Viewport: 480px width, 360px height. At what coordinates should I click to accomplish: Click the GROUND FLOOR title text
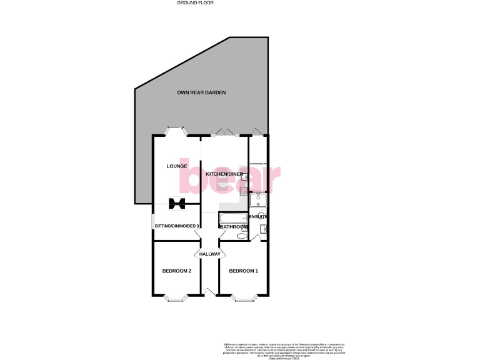[196, 2]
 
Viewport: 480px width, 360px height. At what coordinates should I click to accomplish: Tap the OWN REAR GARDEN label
[201, 92]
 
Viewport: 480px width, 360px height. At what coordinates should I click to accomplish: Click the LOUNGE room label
[177, 166]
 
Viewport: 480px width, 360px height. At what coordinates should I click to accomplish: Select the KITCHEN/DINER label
[224, 174]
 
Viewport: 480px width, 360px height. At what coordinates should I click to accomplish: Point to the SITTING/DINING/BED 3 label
[177, 226]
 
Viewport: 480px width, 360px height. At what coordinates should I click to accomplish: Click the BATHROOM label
[234, 226]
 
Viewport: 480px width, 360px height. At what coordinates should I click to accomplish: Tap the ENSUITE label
[259, 216]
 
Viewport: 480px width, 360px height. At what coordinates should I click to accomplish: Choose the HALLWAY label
[210, 254]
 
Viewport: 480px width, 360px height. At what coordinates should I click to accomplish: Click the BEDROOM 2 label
[177, 271]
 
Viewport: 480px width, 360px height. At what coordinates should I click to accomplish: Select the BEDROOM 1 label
[243, 271]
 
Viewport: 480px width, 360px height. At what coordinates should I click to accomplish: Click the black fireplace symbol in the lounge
[177, 202]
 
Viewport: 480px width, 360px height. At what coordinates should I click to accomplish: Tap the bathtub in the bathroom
[232, 218]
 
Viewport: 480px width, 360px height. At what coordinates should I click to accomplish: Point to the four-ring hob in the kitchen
[242, 189]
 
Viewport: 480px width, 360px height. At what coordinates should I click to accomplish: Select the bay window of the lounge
[176, 132]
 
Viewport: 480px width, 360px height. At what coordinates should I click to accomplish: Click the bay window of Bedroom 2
[176, 299]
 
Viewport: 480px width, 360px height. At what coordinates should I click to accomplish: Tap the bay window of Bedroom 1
[243, 299]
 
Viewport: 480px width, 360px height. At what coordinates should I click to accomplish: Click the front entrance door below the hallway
[210, 292]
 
